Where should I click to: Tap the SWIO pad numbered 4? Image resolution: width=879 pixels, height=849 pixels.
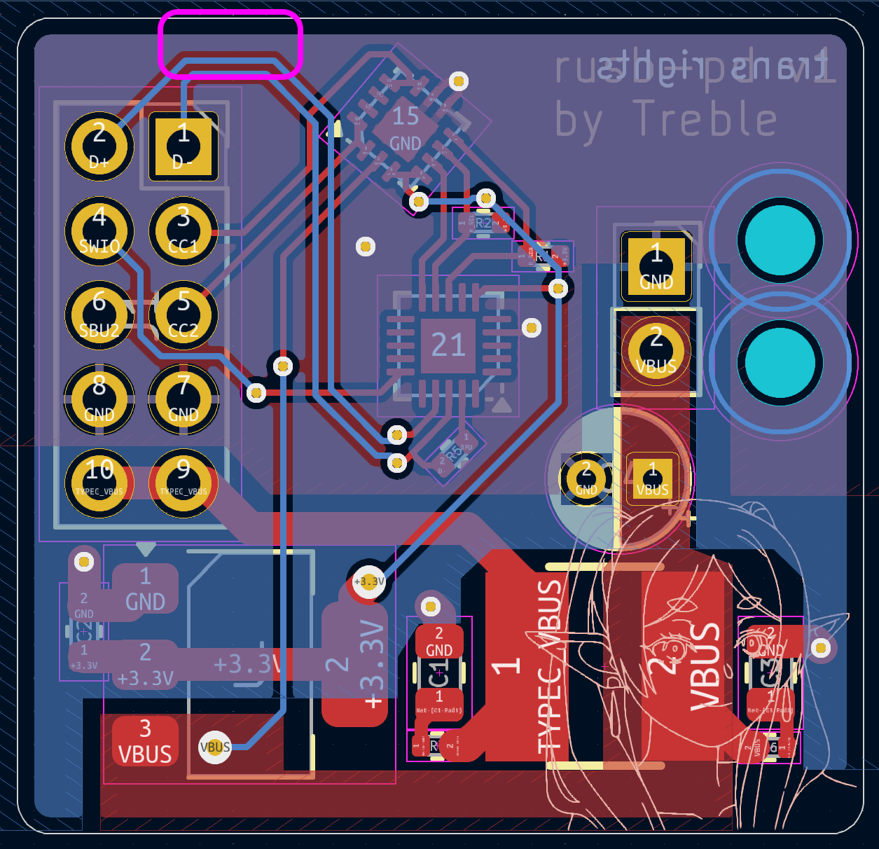99,231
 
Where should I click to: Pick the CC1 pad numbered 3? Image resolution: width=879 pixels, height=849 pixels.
184,231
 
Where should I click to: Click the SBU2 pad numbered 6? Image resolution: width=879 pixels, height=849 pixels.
99,315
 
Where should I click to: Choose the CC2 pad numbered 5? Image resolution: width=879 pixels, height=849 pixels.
184,315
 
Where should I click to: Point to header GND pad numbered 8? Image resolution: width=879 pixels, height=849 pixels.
99,400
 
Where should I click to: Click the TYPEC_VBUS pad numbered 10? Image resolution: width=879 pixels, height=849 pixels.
99,483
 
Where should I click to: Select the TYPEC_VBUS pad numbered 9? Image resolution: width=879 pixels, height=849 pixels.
184,483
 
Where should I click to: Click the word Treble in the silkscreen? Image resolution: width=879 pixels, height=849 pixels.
704,119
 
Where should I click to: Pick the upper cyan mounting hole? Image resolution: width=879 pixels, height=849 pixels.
780,240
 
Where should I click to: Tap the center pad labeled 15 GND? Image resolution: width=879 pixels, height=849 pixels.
406,130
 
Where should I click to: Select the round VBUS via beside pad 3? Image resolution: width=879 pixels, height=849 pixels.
215,747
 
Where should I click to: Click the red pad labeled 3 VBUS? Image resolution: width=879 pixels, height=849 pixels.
145,741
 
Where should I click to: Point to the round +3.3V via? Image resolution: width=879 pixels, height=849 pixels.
369,581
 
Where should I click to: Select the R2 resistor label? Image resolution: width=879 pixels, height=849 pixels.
483,223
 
